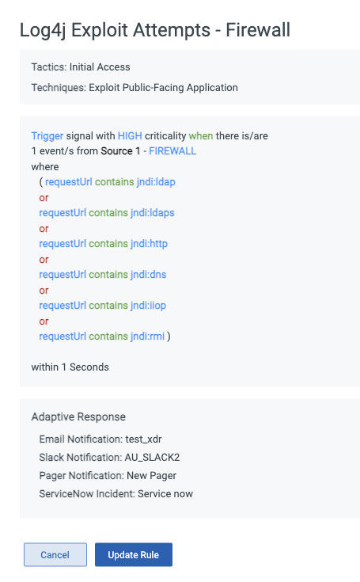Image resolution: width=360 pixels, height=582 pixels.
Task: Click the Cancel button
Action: (x=55, y=554)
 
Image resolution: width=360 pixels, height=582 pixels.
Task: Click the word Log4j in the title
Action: (x=43, y=31)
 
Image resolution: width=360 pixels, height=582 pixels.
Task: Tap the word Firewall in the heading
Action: (x=258, y=30)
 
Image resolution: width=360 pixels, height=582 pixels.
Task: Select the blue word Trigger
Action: (x=47, y=136)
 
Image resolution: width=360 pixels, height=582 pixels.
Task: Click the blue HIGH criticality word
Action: (x=130, y=136)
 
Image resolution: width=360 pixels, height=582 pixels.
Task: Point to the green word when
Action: (x=201, y=136)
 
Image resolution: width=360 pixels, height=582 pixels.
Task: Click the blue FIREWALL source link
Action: (x=172, y=151)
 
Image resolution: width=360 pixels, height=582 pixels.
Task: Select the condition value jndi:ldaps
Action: (x=153, y=213)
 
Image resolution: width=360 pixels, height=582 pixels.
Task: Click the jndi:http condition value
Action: (x=149, y=244)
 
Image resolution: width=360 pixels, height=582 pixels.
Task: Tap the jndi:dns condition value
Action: (x=148, y=275)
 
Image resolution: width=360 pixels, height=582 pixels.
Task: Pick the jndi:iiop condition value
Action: (x=148, y=306)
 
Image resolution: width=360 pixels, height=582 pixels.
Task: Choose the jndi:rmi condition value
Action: (x=147, y=337)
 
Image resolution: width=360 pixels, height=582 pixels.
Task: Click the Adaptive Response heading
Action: (x=78, y=417)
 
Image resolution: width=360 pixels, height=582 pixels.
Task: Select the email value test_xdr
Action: (x=143, y=439)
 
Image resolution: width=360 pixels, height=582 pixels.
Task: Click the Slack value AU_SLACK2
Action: (x=153, y=458)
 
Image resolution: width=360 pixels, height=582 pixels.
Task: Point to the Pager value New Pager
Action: (x=152, y=476)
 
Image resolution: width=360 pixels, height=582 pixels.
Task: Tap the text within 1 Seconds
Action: (x=70, y=367)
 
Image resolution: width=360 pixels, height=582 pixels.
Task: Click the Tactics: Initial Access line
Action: (x=81, y=67)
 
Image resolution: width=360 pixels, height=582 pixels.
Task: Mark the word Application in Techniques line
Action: (x=212, y=88)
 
